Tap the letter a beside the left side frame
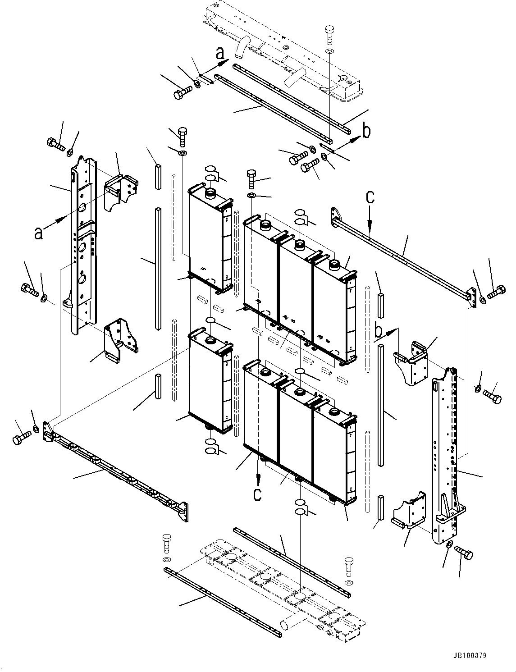coord(39,233)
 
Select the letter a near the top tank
coord(219,53)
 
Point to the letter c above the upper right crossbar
coord(370,198)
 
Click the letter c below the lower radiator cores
coord(257,494)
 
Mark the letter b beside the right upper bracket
coord(379,332)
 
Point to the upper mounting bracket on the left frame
coord(120,192)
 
